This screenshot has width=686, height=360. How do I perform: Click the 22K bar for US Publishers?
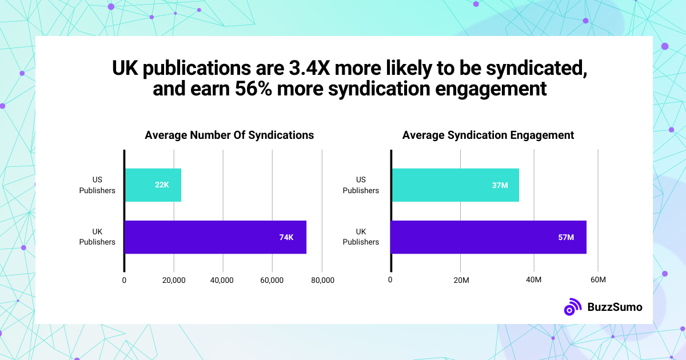point(153,185)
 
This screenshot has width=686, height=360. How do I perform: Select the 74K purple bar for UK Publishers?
point(215,237)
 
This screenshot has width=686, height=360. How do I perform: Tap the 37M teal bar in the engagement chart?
point(454,185)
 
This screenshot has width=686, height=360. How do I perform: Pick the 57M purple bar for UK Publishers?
point(488,237)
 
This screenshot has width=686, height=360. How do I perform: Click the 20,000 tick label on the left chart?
point(173,280)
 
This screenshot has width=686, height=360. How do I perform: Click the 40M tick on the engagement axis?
point(533,280)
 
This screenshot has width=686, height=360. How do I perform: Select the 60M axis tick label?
point(597,280)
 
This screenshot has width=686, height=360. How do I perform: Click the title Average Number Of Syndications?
point(229,135)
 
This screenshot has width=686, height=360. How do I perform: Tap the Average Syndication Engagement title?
point(488,135)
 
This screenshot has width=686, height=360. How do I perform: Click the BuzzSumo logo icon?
point(572,307)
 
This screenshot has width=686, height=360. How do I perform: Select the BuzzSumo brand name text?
point(615,307)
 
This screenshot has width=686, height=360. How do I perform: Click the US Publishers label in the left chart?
point(97,185)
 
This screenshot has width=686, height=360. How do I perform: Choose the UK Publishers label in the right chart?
point(361,237)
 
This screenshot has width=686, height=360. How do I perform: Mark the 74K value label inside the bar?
point(286,237)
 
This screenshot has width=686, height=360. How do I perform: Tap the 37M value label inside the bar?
point(500,185)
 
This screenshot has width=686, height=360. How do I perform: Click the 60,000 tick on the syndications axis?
point(272,280)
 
